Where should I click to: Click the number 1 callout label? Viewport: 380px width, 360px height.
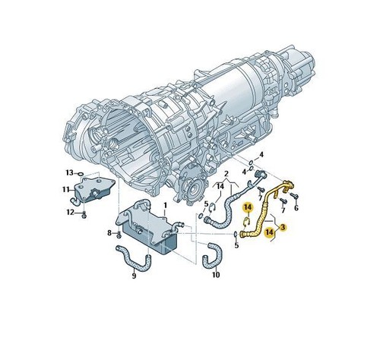click(x=165, y=205)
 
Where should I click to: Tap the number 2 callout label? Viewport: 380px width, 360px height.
click(x=226, y=174)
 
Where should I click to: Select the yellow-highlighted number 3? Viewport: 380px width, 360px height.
click(x=283, y=227)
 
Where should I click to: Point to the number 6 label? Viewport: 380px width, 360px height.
click(x=296, y=208)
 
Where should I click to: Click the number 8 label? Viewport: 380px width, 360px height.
click(x=109, y=232)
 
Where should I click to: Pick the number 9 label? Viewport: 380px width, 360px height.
click(x=134, y=276)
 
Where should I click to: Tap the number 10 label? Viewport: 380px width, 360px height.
click(x=216, y=275)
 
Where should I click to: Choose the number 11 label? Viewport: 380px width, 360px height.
click(x=66, y=189)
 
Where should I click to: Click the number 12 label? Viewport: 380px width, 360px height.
click(x=70, y=212)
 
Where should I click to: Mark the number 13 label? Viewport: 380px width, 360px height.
click(x=69, y=172)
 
